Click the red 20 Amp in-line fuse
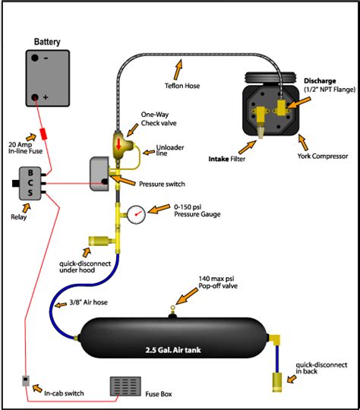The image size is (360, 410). coord(43,134)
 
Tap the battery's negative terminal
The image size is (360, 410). coord(35,58)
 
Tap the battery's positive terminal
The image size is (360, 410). coord(35,97)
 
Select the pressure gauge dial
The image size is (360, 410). coord(136,214)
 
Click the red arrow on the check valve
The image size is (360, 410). coord(118,144)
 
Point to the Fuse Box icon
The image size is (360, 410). coord(125,386)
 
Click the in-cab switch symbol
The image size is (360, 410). coord(25,380)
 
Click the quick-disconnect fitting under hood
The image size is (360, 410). coord(99,241)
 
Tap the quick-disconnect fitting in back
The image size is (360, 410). coord(277,382)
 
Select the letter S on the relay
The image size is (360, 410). coord(30,193)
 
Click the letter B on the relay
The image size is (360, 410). coord(30,172)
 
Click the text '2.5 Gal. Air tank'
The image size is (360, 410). coord(173,350)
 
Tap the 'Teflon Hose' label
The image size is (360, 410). coord(182,86)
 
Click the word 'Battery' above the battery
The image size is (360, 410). coord(47,42)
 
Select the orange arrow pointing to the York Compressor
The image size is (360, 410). coord(303,143)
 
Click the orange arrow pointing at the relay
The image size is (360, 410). coord(27,208)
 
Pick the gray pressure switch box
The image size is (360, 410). coord(99,174)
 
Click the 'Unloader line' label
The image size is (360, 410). coord(170,150)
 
